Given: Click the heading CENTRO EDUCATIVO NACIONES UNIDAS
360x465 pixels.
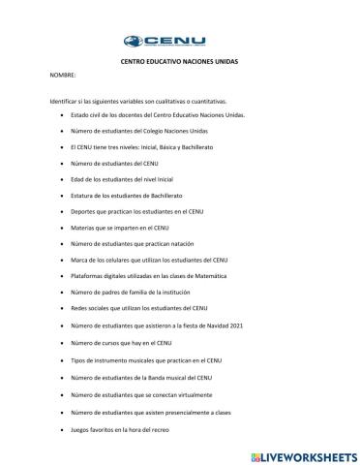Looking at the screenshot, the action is (179, 61).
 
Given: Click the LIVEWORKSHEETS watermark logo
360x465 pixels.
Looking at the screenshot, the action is (303, 452).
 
